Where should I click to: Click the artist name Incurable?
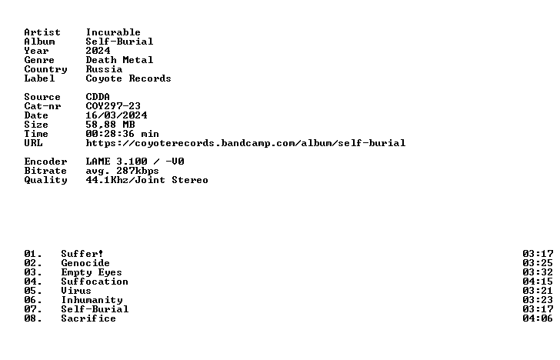(113, 32)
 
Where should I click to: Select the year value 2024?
(98, 51)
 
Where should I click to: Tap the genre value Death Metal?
(119, 60)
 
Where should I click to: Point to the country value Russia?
(104, 69)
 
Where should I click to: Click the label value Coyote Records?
(128, 78)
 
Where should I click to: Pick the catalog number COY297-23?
(113, 106)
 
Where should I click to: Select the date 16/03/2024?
(116, 115)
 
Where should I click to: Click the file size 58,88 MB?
(110, 125)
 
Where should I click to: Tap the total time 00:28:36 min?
(122, 134)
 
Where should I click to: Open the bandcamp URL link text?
(245, 143)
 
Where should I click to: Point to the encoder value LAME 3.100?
(116, 162)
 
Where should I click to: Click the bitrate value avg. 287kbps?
(122, 171)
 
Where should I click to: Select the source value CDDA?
(98, 97)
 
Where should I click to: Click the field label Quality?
(45, 180)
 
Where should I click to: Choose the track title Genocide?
(85, 263)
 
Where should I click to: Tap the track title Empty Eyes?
(92, 272)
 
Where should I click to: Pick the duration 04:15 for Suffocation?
(538, 282)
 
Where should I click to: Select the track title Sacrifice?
(88, 318)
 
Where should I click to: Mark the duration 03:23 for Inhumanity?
(538, 300)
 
